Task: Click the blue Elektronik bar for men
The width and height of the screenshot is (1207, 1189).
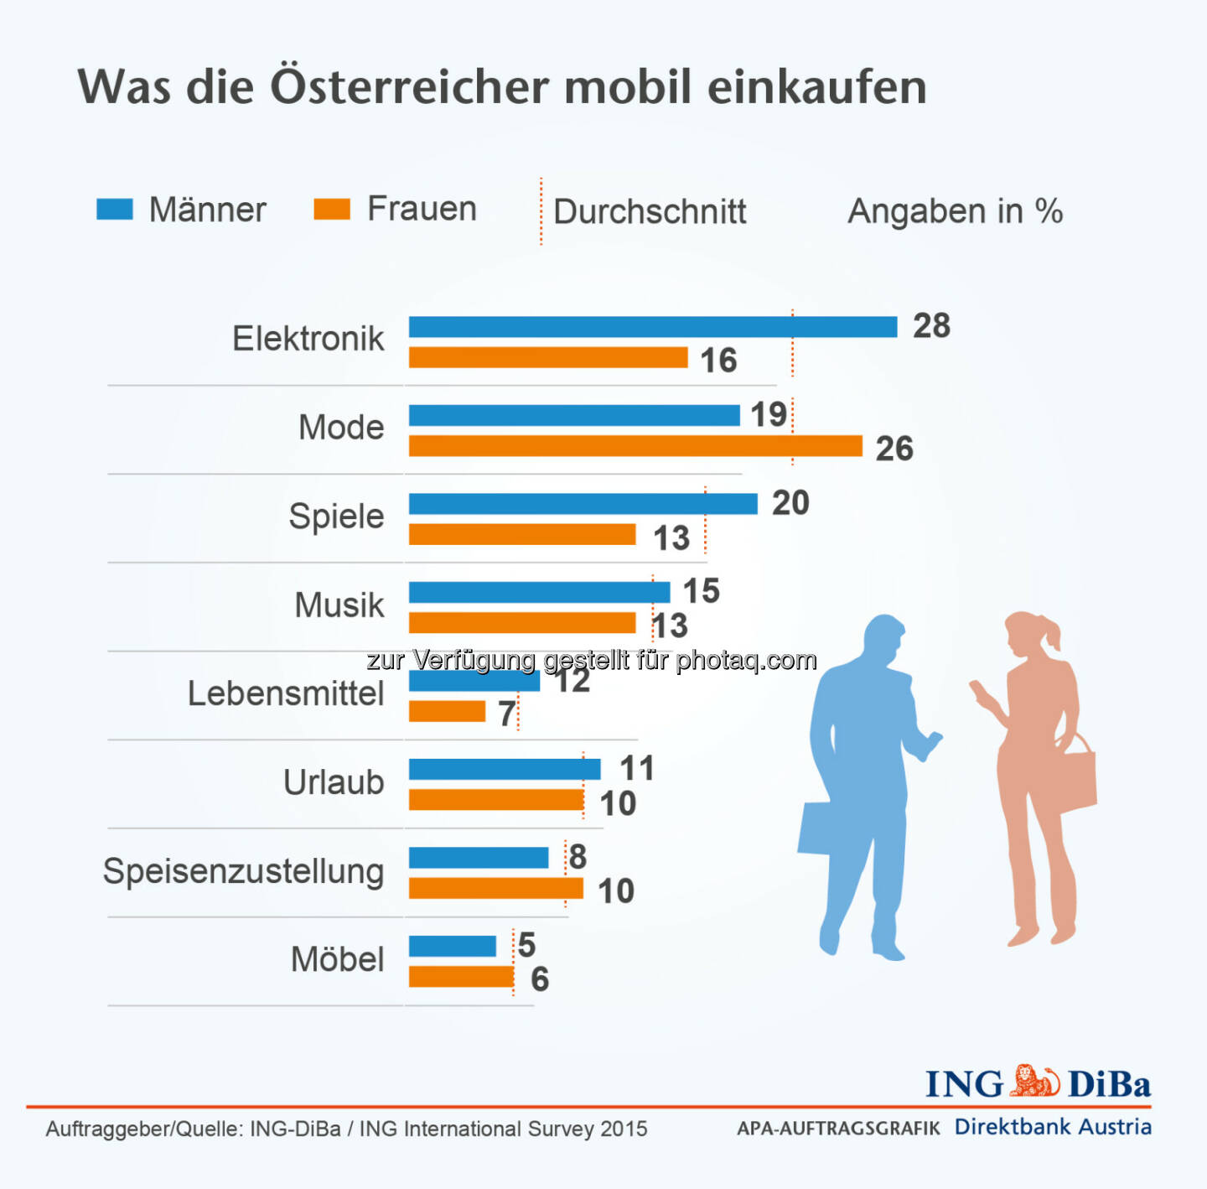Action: [652, 327]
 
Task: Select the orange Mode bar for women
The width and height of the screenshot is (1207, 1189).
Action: [635, 446]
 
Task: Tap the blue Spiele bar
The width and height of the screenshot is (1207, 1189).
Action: [583, 504]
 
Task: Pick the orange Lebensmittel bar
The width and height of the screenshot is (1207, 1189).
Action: [447, 712]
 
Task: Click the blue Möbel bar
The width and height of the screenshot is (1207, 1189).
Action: [452, 947]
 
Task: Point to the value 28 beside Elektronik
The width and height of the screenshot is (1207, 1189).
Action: [931, 326]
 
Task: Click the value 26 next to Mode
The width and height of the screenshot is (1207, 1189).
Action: [894, 449]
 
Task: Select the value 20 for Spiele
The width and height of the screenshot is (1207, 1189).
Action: [790, 503]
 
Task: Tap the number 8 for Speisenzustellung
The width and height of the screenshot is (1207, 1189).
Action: [578, 857]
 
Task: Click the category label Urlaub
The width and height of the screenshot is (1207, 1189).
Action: [333, 782]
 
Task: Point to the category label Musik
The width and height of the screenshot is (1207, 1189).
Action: [339, 605]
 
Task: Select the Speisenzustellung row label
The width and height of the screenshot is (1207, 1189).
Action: [243, 871]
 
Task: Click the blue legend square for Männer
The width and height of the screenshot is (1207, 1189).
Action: [115, 209]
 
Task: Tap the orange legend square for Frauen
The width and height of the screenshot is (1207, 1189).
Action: [331, 209]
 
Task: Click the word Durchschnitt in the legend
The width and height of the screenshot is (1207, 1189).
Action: [650, 211]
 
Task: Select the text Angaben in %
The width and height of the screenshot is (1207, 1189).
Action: [955, 211]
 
